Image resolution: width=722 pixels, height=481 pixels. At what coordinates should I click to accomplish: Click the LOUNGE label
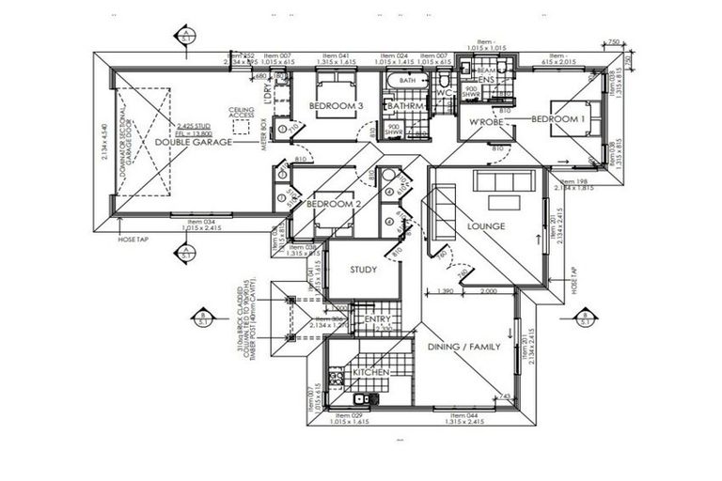pos(487,225)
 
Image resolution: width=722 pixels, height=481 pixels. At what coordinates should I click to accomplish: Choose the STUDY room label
pos(363,271)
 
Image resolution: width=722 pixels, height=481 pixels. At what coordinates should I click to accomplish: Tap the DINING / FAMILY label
pos(464,347)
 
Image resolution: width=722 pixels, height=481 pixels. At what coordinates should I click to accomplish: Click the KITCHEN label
pos(370,373)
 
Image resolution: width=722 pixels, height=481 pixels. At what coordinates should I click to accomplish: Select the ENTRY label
pos(377,320)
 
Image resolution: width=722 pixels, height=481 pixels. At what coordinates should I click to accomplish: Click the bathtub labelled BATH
pos(407,82)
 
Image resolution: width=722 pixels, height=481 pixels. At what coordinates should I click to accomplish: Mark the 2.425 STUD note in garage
pos(194,125)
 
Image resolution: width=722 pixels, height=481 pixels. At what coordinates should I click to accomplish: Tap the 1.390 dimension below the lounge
pos(447,292)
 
